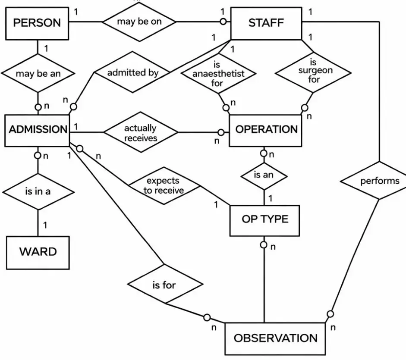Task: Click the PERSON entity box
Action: point(38,23)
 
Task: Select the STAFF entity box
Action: point(266,23)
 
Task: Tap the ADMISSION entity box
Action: point(38,130)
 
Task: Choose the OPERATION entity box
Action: point(266,130)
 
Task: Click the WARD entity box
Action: point(38,252)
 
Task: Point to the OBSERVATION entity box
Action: point(275,338)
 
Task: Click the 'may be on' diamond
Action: point(139,22)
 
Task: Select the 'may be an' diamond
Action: point(38,73)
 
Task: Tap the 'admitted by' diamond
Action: point(132,72)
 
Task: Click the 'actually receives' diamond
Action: point(141,133)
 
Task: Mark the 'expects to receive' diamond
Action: point(164,185)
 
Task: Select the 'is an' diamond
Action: point(264,175)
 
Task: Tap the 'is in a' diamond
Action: point(38,191)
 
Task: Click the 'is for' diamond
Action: point(164,285)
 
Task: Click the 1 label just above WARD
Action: point(45,225)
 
